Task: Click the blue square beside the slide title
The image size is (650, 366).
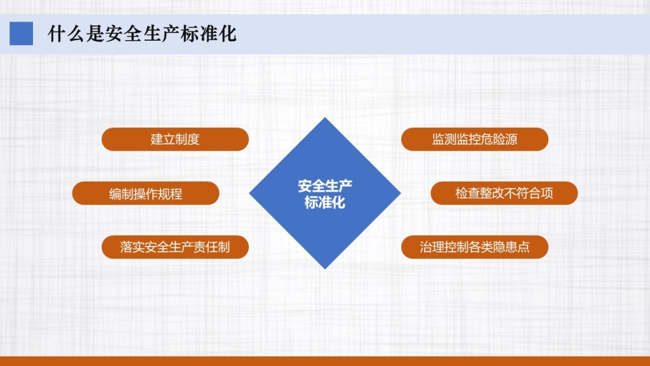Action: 21,34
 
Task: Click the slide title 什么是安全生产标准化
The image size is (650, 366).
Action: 142,34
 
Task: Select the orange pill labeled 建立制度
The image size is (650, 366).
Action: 175,139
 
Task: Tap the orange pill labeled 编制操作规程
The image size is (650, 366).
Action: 145,193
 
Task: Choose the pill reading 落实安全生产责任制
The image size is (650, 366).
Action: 175,247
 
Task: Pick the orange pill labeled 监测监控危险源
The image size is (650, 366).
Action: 475,139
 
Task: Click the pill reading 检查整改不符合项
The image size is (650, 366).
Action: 504,193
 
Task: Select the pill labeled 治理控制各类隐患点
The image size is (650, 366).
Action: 475,247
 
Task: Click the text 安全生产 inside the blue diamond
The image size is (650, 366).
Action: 325,186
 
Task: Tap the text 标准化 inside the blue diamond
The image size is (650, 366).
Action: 325,202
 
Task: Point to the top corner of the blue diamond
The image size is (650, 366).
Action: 325,118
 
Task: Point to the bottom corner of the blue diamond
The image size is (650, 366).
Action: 325,269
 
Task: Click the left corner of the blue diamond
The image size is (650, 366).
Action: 249,193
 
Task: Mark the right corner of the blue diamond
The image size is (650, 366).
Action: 401,193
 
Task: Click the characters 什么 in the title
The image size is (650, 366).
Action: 66,34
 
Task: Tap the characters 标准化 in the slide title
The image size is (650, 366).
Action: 208,34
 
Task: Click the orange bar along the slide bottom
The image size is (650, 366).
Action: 325,361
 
